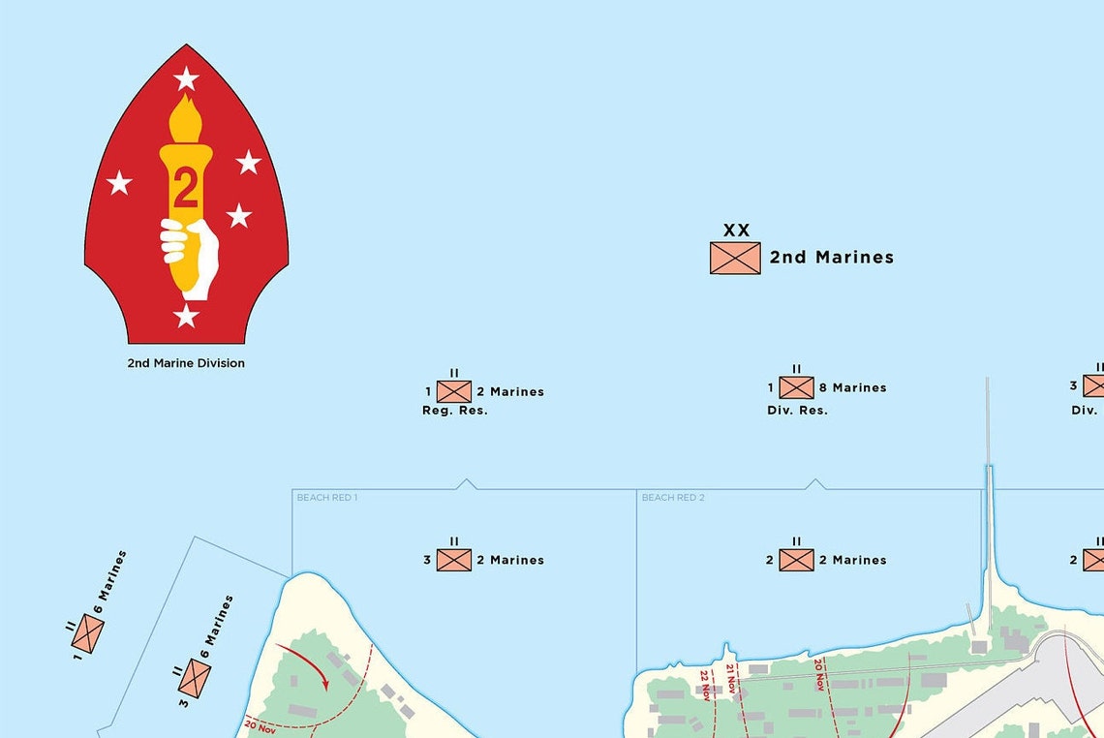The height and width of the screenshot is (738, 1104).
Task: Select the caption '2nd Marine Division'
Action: point(186,363)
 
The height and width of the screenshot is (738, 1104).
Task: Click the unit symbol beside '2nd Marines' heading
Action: point(735,258)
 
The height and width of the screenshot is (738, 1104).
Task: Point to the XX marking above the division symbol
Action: point(736,231)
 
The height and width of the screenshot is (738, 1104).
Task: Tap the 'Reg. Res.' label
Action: point(455,411)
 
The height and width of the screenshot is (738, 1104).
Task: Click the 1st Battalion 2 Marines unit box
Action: point(454,391)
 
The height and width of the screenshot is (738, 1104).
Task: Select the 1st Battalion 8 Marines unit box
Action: point(797,387)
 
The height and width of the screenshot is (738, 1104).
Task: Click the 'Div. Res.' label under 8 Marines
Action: point(797,411)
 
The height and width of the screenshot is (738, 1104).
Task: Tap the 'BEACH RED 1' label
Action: point(327,498)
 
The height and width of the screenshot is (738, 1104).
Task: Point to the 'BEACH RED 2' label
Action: point(673,498)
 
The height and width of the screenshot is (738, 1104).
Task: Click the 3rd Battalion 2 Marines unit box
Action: point(454,560)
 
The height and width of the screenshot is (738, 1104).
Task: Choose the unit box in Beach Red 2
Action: point(797,560)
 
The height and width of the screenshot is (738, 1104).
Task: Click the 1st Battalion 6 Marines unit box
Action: point(88,633)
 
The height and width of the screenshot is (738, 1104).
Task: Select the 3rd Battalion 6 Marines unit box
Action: point(195,678)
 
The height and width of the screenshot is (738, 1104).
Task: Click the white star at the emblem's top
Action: point(186,78)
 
